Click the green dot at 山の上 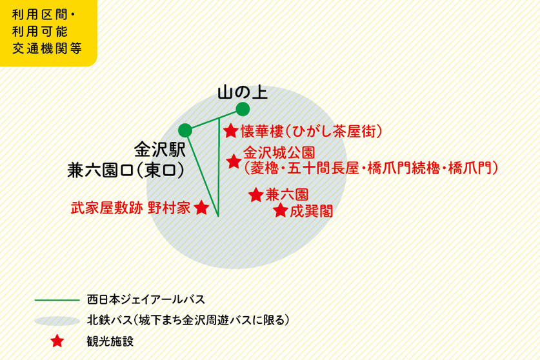tap(243, 108)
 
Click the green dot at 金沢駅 tap(185, 130)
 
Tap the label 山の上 tap(242, 93)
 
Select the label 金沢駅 tap(159, 150)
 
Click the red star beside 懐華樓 tap(230, 132)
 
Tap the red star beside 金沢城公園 tap(234, 161)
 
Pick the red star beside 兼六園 tap(255, 194)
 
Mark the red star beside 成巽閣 tap(280, 210)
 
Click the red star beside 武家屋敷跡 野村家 tap(201, 208)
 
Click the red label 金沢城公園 tap(278, 154)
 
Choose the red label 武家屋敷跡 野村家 tap(130, 208)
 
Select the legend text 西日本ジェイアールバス tap(145, 300)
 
